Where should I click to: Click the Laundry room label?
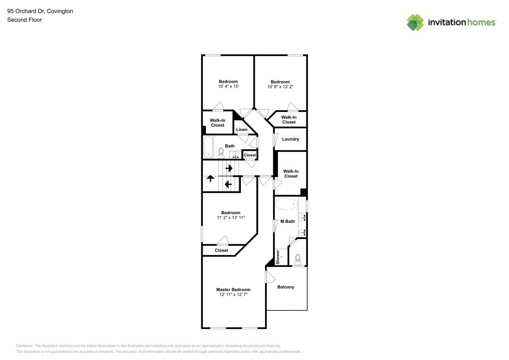point(290,139)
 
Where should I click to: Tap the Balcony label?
point(285,287)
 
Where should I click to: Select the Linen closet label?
point(242,130)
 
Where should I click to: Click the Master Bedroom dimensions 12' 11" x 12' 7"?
point(233,294)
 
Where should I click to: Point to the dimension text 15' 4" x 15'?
point(228,86)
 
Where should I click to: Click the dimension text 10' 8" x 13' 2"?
point(280,87)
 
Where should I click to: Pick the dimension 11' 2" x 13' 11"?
point(230,217)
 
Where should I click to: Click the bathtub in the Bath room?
point(208,147)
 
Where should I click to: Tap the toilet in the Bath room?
point(221,153)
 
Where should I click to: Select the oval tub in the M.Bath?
point(286,204)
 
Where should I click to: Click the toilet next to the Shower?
point(298,260)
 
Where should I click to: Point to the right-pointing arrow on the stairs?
point(229,168)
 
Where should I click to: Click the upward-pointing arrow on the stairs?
point(210,178)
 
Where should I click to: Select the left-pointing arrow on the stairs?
point(228,184)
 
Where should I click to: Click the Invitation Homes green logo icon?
point(415,22)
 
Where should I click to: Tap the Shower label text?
point(278,257)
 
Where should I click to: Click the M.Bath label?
point(287,221)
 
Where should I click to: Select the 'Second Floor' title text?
point(24,20)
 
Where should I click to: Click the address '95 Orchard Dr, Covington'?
point(40,11)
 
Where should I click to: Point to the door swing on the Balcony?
point(270,277)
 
